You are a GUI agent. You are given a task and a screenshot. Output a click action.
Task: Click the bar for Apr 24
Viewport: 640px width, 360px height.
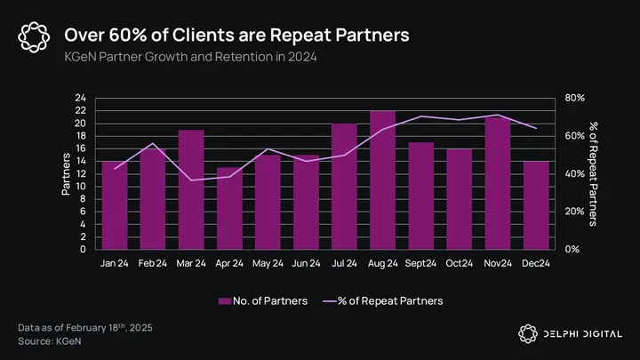click(228, 208)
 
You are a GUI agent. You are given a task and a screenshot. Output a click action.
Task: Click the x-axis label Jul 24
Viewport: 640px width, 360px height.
click(344, 263)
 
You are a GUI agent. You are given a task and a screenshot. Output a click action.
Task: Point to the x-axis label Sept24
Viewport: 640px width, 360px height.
click(421, 263)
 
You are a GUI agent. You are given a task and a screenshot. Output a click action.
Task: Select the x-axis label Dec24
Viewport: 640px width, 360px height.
click(536, 263)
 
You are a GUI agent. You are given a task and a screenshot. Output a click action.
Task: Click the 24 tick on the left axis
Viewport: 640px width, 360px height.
click(80, 98)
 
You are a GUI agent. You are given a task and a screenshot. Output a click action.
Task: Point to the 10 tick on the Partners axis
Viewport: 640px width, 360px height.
click(80, 187)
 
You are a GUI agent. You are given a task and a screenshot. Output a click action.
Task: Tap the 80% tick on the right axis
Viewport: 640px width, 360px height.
click(574, 98)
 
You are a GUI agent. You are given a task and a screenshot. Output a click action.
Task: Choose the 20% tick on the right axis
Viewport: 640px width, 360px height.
click(574, 212)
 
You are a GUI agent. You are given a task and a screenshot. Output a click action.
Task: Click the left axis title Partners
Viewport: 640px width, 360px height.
click(66, 173)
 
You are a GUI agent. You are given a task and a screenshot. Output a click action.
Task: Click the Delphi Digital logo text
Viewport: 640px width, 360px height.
click(581, 332)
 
